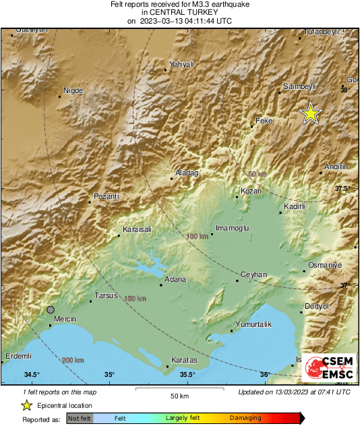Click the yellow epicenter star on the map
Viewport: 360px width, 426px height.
(x=310, y=113)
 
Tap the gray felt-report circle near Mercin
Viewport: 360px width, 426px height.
(x=51, y=309)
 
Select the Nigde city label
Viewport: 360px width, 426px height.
(x=72, y=90)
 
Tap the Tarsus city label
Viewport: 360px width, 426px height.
(x=106, y=295)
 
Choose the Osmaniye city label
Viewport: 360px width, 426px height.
(x=325, y=265)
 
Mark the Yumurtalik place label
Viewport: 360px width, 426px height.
(x=252, y=325)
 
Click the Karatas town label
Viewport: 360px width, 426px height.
(x=184, y=361)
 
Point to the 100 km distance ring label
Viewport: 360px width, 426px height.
(x=197, y=237)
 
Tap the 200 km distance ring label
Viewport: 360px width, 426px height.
(x=73, y=361)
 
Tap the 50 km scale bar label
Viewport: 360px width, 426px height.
(x=179, y=395)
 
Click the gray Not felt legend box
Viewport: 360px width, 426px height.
(x=80, y=419)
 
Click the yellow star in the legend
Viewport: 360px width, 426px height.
(x=27, y=405)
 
